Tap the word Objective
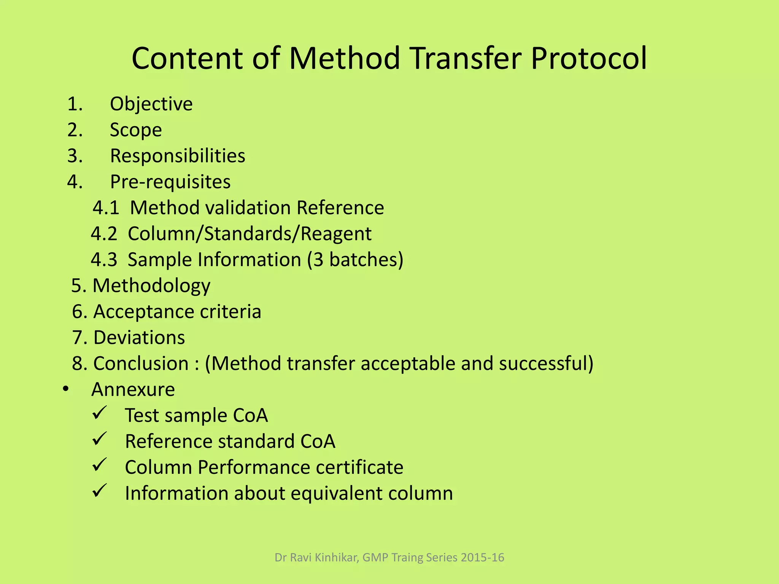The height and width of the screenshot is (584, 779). [x=151, y=104]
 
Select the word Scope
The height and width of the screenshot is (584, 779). [x=136, y=130]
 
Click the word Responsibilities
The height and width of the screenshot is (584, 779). [x=178, y=156]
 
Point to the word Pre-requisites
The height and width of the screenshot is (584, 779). [x=170, y=182]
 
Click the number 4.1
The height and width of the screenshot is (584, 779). [x=106, y=208]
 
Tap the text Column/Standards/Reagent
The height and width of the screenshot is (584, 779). [x=250, y=233]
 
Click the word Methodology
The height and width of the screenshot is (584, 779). [x=151, y=286]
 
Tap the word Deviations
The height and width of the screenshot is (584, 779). [x=139, y=338]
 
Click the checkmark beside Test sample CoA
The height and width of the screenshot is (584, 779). [x=100, y=413]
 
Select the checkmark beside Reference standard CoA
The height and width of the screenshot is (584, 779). [x=100, y=439]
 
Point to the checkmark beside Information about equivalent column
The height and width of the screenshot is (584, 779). [x=100, y=491]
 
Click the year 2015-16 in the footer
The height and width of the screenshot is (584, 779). [x=482, y=557]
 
